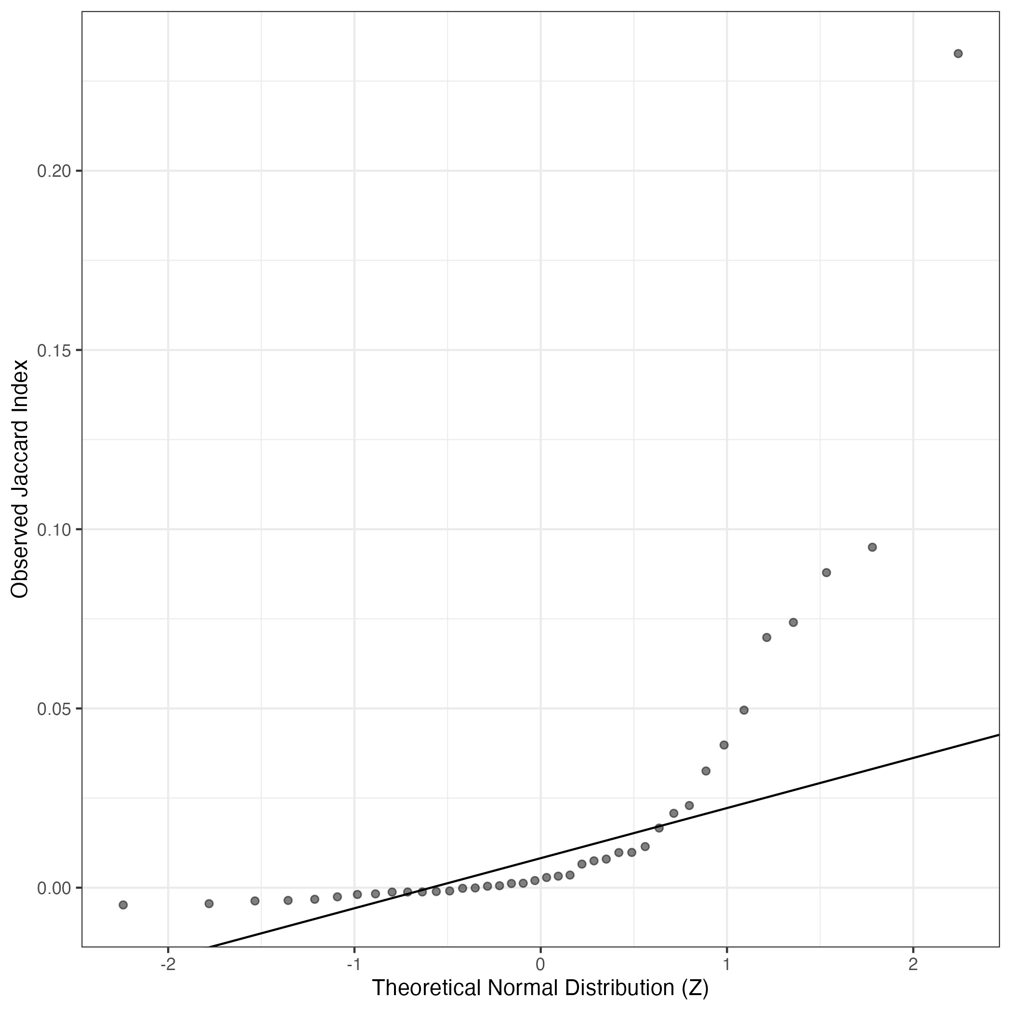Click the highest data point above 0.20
pyautogui.click(x=958, y=53)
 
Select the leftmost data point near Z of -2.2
pyautogui.click(x=123, y=905)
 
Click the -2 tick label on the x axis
pyautogui.click(x=168, y=964)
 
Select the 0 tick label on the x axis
pyautogui.click(x=540, y=964)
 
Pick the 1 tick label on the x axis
pyautogui.click(x=727, y=964)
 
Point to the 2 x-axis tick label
pyautogui.click(x=913, y=964)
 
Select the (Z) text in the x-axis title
pyautogui.click(x=695, y=988)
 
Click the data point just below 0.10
pyautogui.click(x=872, y=547)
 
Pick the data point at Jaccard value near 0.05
pyautogui.click(x=744, y=710)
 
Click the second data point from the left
pyautogui.click(x=209, y=904)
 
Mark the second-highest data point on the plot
pyautogui.click(x=872, y=547)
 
